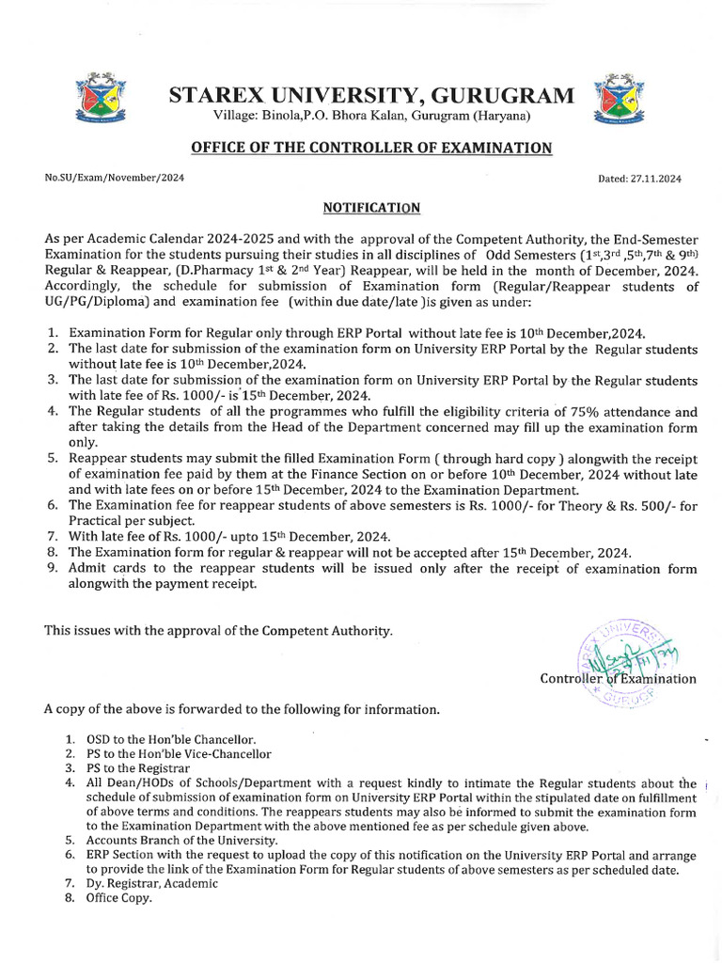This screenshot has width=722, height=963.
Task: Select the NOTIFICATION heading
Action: coord(371,207)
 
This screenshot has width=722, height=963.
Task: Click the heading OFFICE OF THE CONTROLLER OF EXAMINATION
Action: coord(371,148)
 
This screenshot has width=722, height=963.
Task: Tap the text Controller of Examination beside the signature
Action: coord(618,678)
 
